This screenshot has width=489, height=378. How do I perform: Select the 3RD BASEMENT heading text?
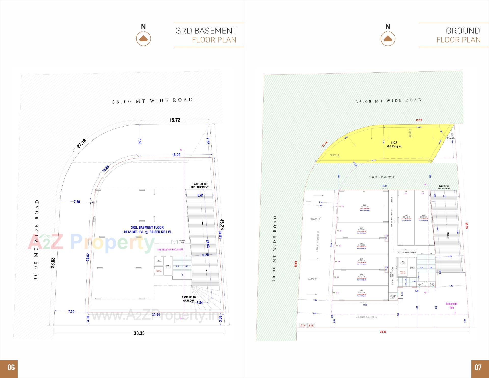pos(206,31)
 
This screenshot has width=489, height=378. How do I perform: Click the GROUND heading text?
pos(463,31)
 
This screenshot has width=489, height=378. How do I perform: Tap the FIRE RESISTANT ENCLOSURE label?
pos(170,249)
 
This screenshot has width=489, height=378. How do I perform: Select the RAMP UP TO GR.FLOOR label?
pos(189,299)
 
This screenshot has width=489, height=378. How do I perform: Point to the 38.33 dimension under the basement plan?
pos(139,333)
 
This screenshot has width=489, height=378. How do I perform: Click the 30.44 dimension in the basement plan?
pos(156,315)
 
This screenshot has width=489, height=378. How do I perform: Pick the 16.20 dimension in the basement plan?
pos(176,155)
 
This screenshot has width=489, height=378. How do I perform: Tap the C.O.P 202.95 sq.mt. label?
pos(394,144)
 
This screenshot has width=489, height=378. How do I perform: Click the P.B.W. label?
pos(451,138)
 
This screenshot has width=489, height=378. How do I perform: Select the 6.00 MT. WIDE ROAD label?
pos(382,177)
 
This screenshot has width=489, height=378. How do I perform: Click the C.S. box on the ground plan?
pos(303,325)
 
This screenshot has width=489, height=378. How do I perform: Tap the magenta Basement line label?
pos(452,305)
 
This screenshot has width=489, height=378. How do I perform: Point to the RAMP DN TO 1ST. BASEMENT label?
pos(444,187)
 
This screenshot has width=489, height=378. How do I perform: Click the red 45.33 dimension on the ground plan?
pos(467,226)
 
